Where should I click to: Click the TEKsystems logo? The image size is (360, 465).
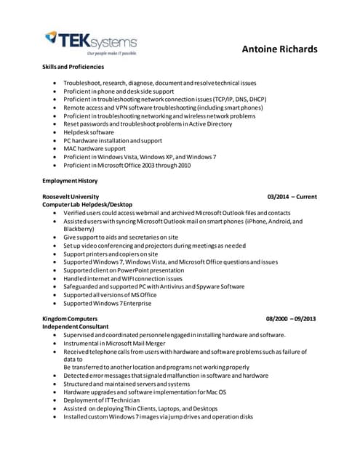pyautogui.click(x=89, y=42)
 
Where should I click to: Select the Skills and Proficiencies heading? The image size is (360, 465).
pyautogui.click(x=72, y=68)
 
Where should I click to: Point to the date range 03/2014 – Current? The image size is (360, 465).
pyautogui.click(x=292, y=197)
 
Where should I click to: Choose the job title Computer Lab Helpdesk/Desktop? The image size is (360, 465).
pyautogui.click(x=87, y=205)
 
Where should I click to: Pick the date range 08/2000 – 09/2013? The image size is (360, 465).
pyautogui.click(x=291, y=320)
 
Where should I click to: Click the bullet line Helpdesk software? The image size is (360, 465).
pyautogui.click(x=89, y=132)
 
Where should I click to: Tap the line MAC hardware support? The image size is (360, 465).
pyautogui.click(x=95, y=148)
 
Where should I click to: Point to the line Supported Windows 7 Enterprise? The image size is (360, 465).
pyautogui.click(x=108, y=303)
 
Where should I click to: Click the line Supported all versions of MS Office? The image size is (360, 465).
pyautogui.click(x=110, y=295)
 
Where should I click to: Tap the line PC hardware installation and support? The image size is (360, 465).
pyautogui.click(x=113, y=140)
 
